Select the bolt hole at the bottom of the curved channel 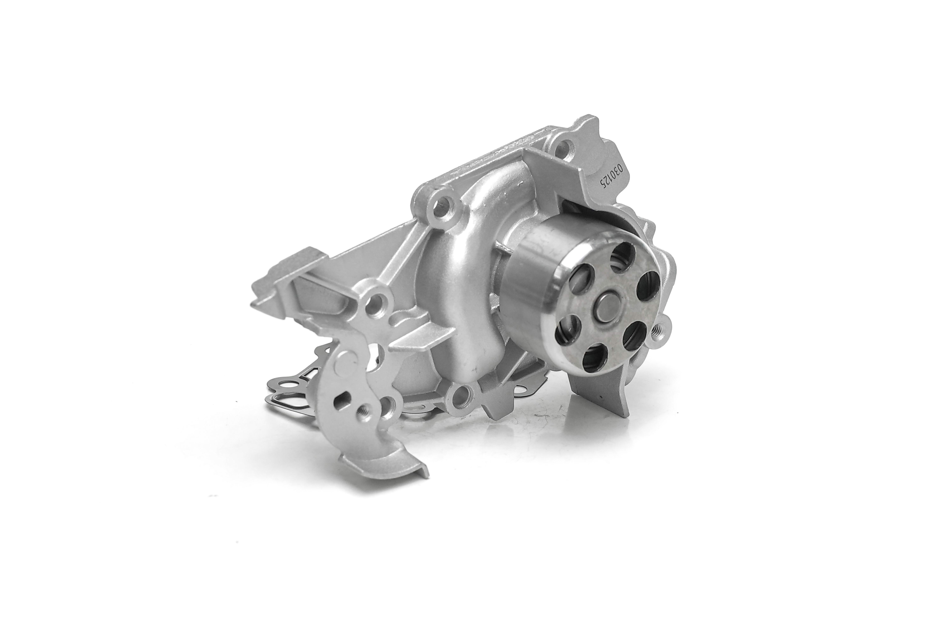click(x=460, y=397)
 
